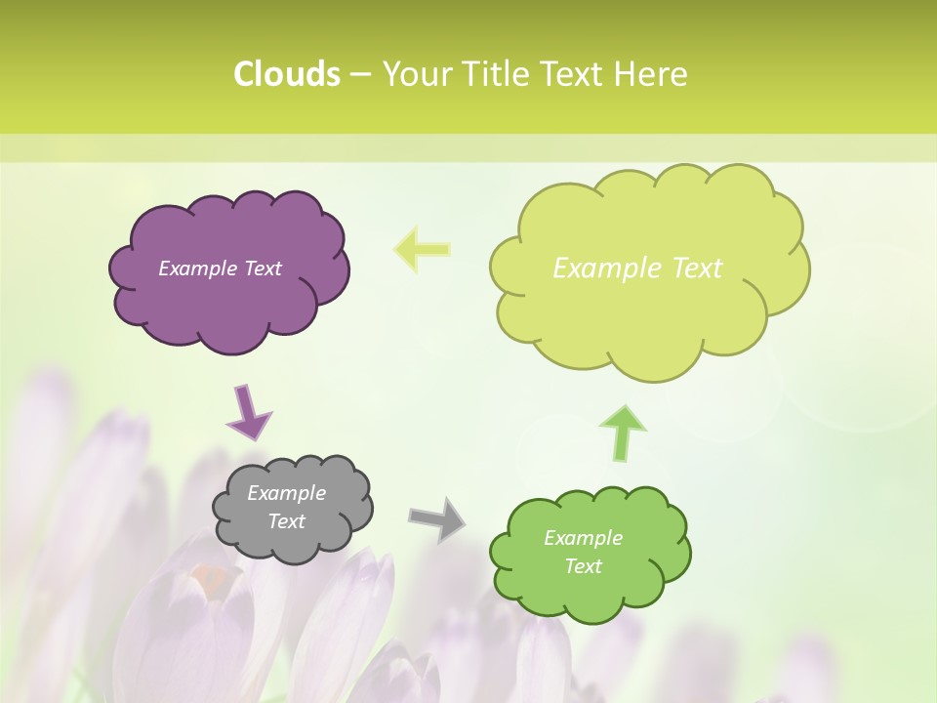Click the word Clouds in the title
[x=286, y=74]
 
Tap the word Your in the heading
[x=418, y=74]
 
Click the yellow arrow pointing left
[x=423, y=249]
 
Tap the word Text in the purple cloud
[x=263, y=269]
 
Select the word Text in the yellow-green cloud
[x=698, y=269]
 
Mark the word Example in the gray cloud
[x=286, y=493]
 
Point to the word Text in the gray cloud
[x=286, y=521]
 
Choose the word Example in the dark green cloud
[x=583, y=538]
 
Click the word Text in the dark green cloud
[x=583, y=566]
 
